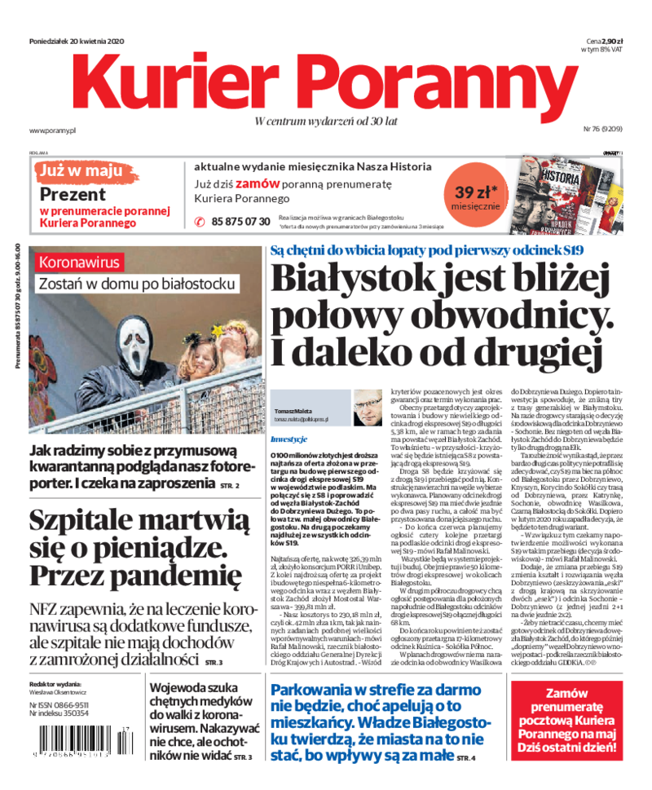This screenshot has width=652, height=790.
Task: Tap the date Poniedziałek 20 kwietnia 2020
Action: coord(76,41)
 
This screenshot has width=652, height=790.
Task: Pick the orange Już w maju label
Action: coord(84,171)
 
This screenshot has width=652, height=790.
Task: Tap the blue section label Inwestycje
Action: coord(288,439)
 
